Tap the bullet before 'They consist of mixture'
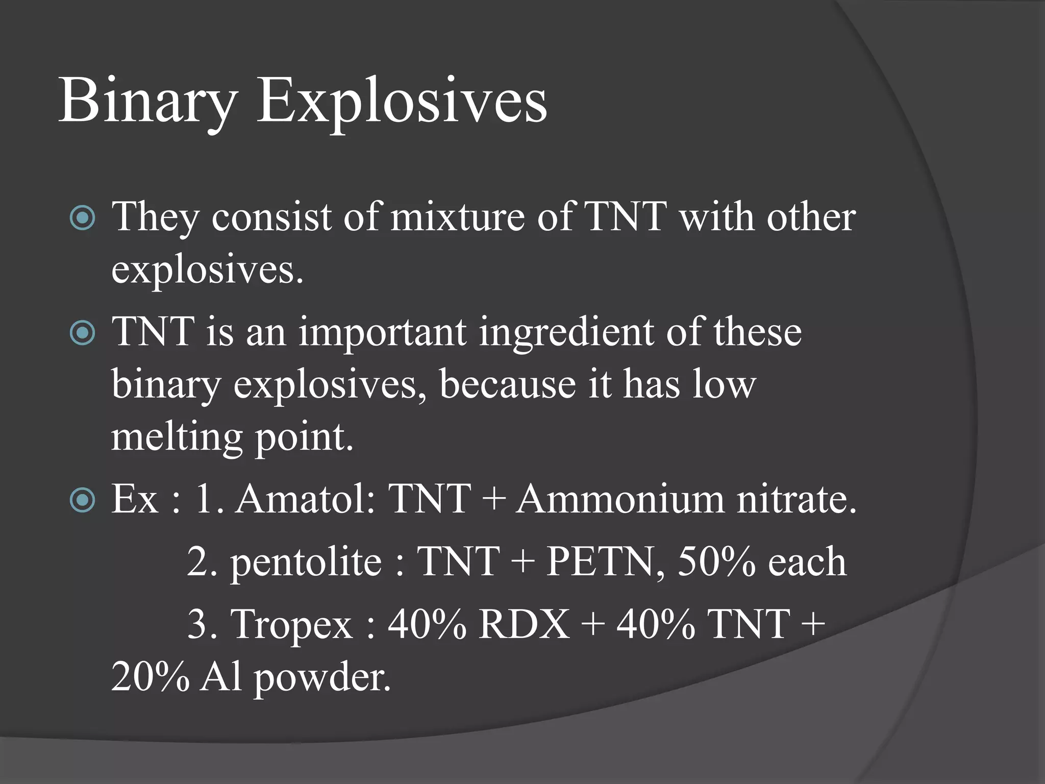[82, 218]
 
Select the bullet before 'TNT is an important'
[82, 333]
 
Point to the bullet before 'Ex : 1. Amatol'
[82, 500]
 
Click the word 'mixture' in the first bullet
[457, 217]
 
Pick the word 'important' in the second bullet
[382, 333]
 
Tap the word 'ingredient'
[566, 333]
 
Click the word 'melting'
[177, 438]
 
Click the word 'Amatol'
[304, 499]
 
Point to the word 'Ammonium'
[619, 499]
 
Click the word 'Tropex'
[291, 624]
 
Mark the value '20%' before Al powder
[150, 677]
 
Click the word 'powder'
[321, 678]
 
